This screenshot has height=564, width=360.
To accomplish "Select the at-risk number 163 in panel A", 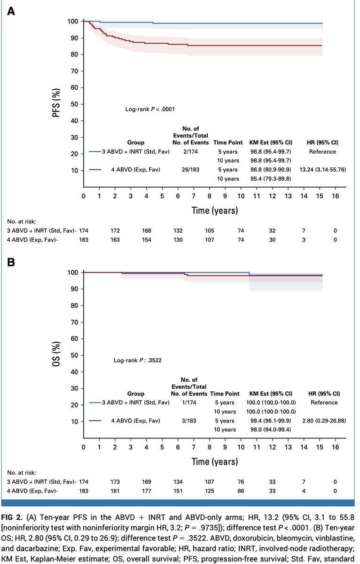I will pyautogui.click(x=115, y=240).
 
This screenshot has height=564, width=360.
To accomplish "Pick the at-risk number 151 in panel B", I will pyautogui.click(x=178, y=491).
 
